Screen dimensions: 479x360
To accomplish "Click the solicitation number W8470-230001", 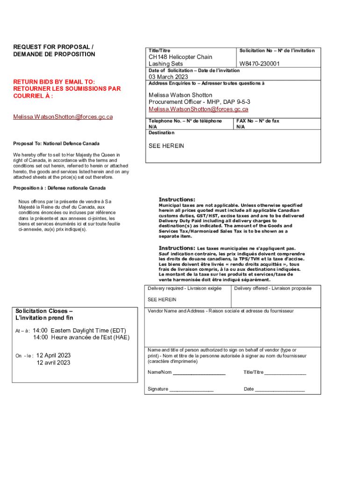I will pyautogui.click(x=259, y=64).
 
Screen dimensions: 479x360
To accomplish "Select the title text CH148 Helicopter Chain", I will pyautogui.click(x=180, y=57).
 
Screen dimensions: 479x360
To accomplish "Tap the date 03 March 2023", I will pyautogui.click(x=168, y=77).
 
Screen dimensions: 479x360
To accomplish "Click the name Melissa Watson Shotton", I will pyautogui.click(x=180, y=95).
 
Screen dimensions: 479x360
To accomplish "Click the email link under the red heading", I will pyautogui.click(x=63, y=116).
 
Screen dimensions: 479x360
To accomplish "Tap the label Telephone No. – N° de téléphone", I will pyautogui.click(x=185, y=121).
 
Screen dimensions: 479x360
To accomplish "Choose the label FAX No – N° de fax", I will pyautogui.click(x=258, y=121).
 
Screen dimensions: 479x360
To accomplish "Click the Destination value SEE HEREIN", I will pyautogui.click(x=166, y=146).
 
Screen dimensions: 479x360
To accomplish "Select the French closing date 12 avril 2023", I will pyautogui.click(x=53, y=362).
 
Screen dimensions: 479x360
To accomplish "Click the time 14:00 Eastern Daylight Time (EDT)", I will pyautogui.click(x=74, y=330).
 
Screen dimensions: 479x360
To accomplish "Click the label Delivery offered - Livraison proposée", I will pyautogui.click(x=273, y=288).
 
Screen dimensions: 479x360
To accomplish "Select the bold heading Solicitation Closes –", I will pyautogui.click(x=44, y=311).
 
